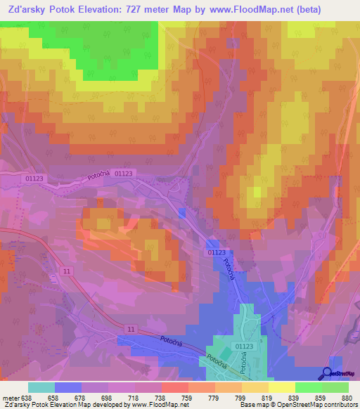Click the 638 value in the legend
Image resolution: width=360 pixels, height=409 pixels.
27,397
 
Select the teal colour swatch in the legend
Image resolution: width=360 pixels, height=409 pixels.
41,387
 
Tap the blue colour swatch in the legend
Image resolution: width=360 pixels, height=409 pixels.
67,387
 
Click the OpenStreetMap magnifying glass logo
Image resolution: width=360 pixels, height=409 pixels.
328,373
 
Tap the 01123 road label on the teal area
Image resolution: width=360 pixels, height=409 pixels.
244,346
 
